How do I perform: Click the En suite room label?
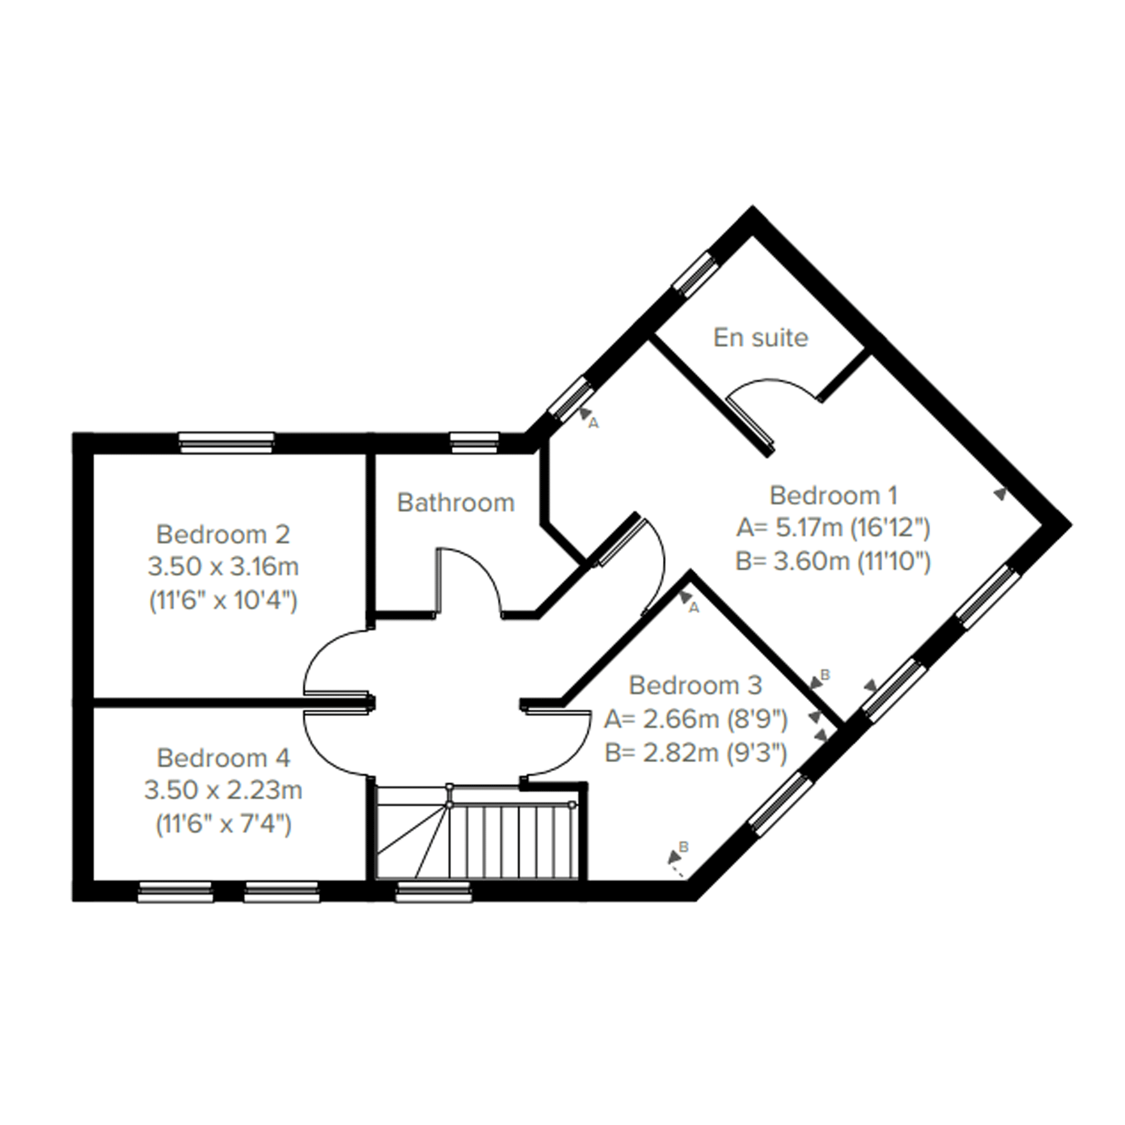[x=761, y=338]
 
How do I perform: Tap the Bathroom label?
[x=456, y=503]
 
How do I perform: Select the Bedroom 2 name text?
[x=223, y=534]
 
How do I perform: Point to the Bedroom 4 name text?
[x=223, y=758]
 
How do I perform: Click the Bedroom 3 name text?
[x=695, y=686]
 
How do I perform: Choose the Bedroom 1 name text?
[x=833, y=496]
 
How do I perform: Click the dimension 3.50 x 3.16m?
[x=223, y=567]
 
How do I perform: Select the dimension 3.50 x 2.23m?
[x=223, y=791]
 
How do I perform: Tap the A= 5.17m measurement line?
[x=833, y=528]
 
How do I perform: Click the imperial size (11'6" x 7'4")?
[x=223, y=824]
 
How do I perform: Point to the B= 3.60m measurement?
[x=833, y=561]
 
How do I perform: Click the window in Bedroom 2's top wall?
[x=226, y=442]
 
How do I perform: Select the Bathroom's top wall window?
[x=475, y=442]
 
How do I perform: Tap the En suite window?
[x=693, y=274]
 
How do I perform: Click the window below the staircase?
[x=434, y=892]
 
